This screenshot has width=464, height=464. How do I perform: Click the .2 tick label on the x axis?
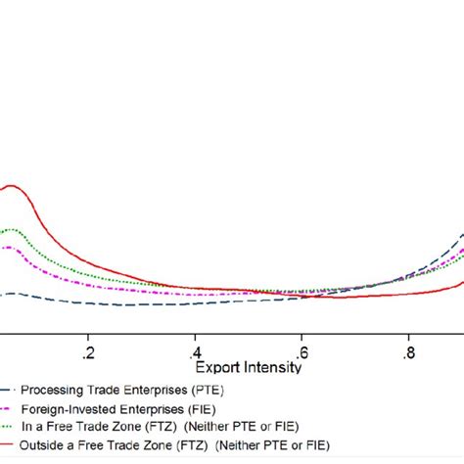pyautogui.click(x=89, y=352)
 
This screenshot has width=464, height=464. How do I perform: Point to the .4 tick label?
pyautogui.click(x=196, y=352)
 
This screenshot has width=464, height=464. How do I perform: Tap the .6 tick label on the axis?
pyautogui.click(x=302, y=352)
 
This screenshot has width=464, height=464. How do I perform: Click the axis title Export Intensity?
pyautogui.click(x=248, y=368)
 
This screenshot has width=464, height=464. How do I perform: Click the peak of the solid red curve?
pyautogui.click(x=12, y=185)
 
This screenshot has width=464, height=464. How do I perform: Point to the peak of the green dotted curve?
pyautogui.click(x=12, y=230)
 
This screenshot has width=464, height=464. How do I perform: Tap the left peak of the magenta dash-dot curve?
pyautogui.click(x=11, y=248)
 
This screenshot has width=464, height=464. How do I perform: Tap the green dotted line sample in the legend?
pyautogui.click(x=6, y=427)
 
